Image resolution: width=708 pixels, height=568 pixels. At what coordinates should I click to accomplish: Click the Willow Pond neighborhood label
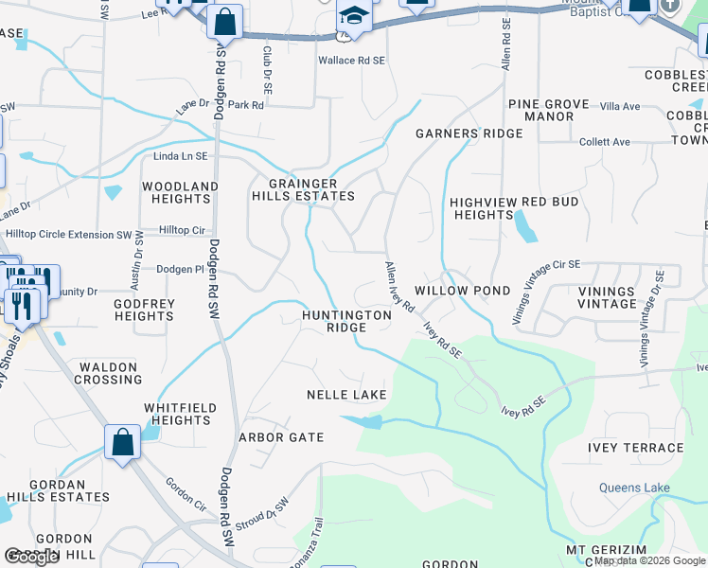[462, 291]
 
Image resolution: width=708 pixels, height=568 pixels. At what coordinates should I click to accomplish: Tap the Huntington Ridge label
[346, 321]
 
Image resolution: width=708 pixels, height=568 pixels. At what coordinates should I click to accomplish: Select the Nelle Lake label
[347, 394]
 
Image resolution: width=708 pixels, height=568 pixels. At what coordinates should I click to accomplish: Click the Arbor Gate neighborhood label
[281, 437]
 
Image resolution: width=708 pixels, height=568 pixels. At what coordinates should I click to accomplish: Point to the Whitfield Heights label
[180, 414]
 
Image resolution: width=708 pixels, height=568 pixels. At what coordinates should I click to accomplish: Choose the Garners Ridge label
[469, 133]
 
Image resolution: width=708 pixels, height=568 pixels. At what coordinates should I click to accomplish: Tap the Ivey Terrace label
[635, 448]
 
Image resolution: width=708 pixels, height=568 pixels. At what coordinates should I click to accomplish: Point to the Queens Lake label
[634, 488]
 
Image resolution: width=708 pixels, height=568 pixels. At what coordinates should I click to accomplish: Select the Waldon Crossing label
[110, 373]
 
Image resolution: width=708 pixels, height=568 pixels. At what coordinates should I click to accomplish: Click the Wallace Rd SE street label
[351, 60]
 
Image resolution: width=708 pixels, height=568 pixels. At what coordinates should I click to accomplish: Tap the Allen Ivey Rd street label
[398, 288]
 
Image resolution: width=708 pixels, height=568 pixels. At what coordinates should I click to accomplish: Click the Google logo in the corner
[31, 557]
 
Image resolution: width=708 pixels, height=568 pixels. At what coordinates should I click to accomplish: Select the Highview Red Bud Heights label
[482, 208]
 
